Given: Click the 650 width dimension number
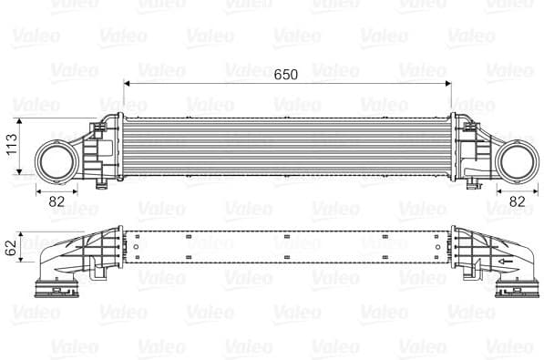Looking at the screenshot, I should point(286,74).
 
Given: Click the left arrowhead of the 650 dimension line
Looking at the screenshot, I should point(127,83).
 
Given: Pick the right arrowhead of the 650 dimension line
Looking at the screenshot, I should point(448,83).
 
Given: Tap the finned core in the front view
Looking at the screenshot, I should point(287,146).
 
